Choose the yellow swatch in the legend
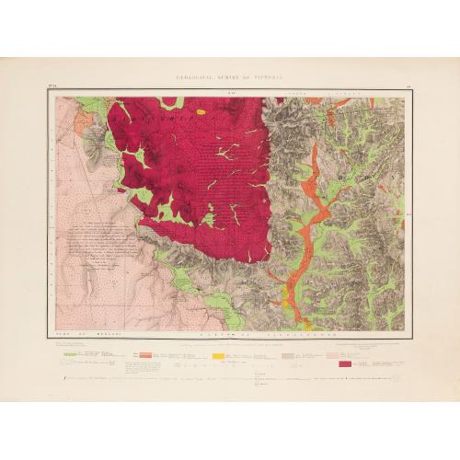[x=218, y=352]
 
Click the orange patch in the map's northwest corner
[x=85, y=119]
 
